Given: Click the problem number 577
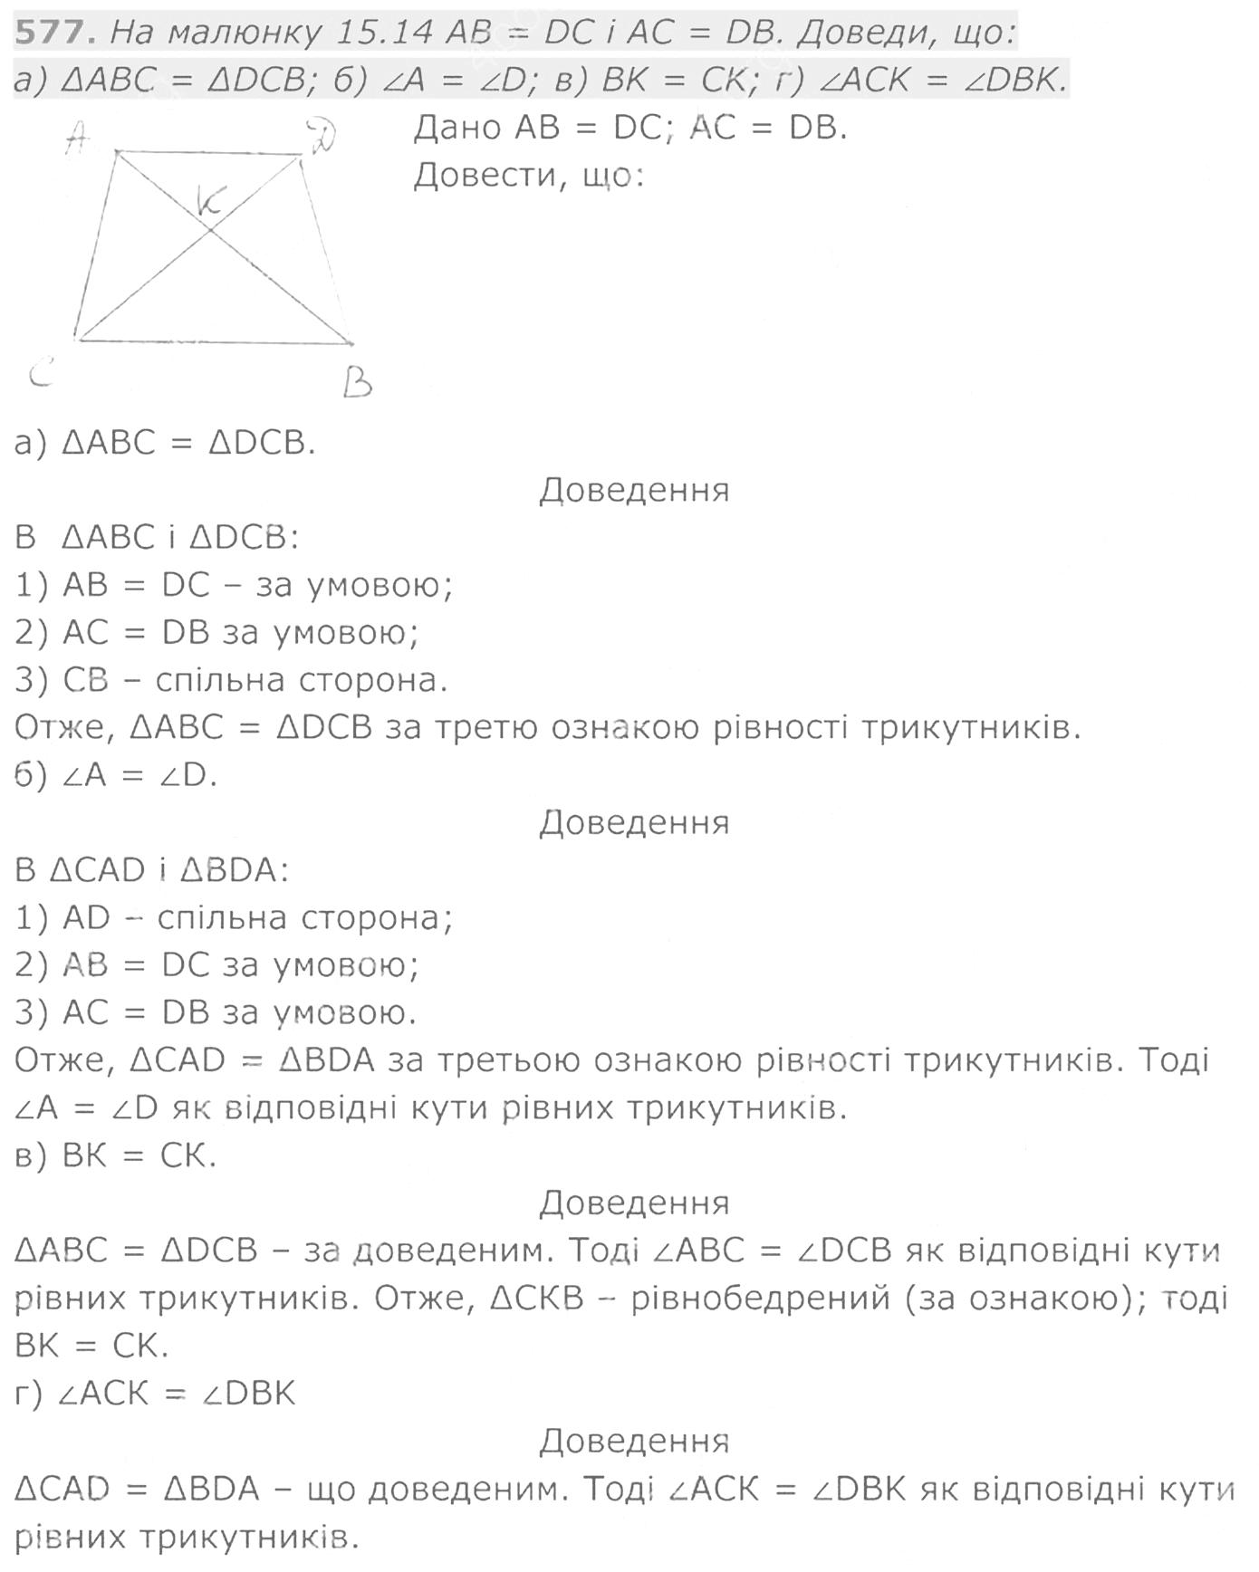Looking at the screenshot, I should tap(53, 33).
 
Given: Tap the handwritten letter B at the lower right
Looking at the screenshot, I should tap(357, 383).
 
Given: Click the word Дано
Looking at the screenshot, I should tap(457, 129).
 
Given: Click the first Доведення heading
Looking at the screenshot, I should tap(634, 490).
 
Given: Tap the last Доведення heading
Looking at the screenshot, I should tap(634, 1440).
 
